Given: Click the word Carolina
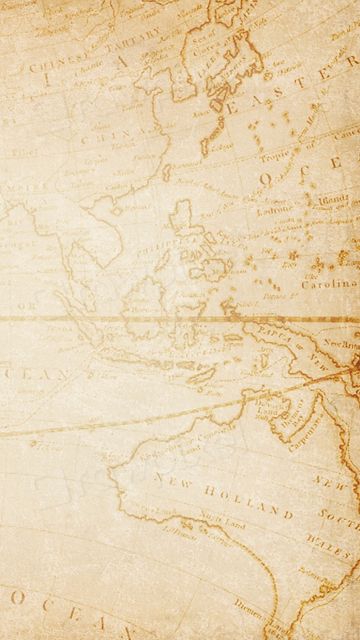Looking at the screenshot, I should (329, 285).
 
